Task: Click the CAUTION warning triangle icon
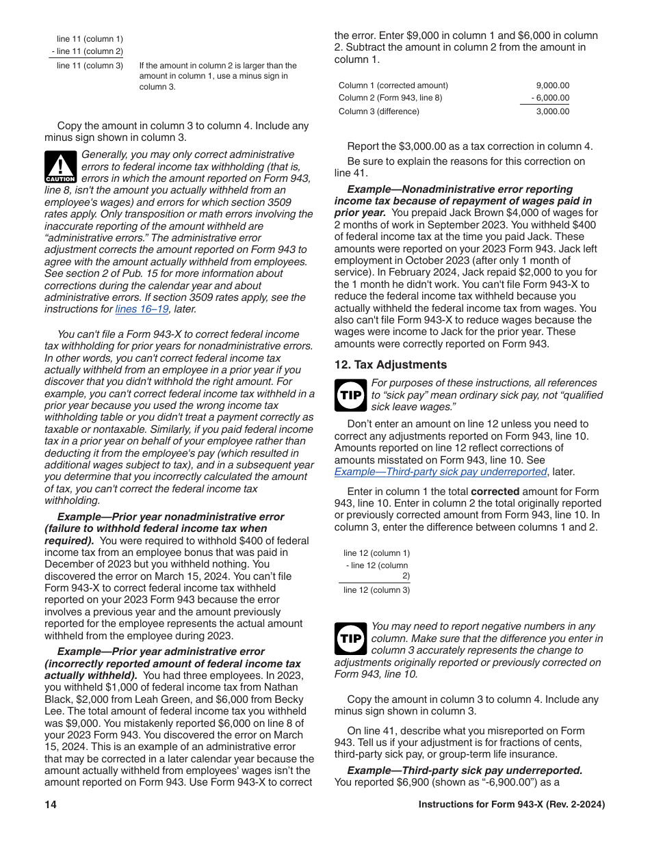tap(60, 167)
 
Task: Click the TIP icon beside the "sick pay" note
tap(350, 395)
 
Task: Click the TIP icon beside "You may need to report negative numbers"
tap(350, 639)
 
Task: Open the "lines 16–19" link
tap(142, 309)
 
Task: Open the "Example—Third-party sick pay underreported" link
tap(441, 472)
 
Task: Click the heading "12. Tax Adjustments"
tap(390, 365)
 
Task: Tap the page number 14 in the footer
tap(51, 805)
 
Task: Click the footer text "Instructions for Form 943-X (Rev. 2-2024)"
tap(511, 805)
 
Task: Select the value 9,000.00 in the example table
tap(552, 85)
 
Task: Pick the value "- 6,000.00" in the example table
tap(547, 98)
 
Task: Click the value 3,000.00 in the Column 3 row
tap(552, 111)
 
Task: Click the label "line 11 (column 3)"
tap(90, 66)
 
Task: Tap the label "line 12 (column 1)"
tap(376, 553)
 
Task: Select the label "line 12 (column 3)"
tap(376, 590)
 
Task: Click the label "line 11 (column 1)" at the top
tap(90, 39)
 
